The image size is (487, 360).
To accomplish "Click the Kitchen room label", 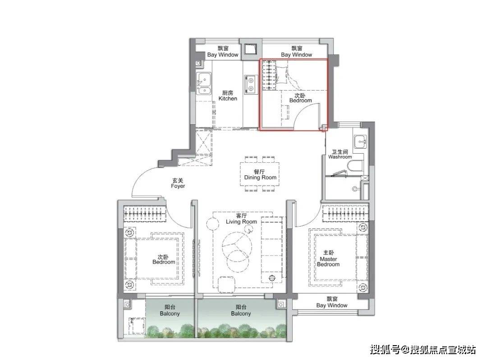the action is coord(228,96).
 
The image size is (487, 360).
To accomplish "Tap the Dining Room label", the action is coord(260,175).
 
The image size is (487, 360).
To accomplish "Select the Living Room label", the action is coord(241,219).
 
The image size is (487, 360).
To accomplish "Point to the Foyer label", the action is coord(178,183).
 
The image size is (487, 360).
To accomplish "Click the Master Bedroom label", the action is coord(328,259).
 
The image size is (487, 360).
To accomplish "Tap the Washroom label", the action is coord(340,154).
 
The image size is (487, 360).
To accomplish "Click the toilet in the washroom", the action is coord(355,166).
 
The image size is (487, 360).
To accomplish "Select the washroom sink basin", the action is coord(360,142).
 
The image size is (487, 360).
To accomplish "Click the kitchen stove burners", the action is coord(250,84).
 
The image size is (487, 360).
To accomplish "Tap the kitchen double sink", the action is coord(204,83).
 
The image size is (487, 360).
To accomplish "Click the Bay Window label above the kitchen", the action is coord(223,51).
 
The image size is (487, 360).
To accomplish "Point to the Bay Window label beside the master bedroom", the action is coord(332,302).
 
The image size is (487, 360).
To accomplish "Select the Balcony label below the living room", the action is coord(241,310).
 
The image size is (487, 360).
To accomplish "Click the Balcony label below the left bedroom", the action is coord(170,310).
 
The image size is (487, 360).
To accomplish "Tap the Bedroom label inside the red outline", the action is coord(300,98).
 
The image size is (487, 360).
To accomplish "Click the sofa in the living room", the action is coord(272,250).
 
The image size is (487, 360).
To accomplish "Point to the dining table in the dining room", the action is coord(260,174).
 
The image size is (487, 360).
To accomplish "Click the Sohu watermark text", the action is coord(423,350).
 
